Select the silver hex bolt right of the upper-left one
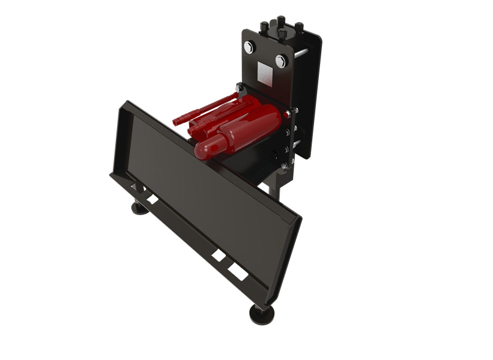[280, 61]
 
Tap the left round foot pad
[140, 208]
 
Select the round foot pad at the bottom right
[262, 312]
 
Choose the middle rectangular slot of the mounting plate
[219, 256]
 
